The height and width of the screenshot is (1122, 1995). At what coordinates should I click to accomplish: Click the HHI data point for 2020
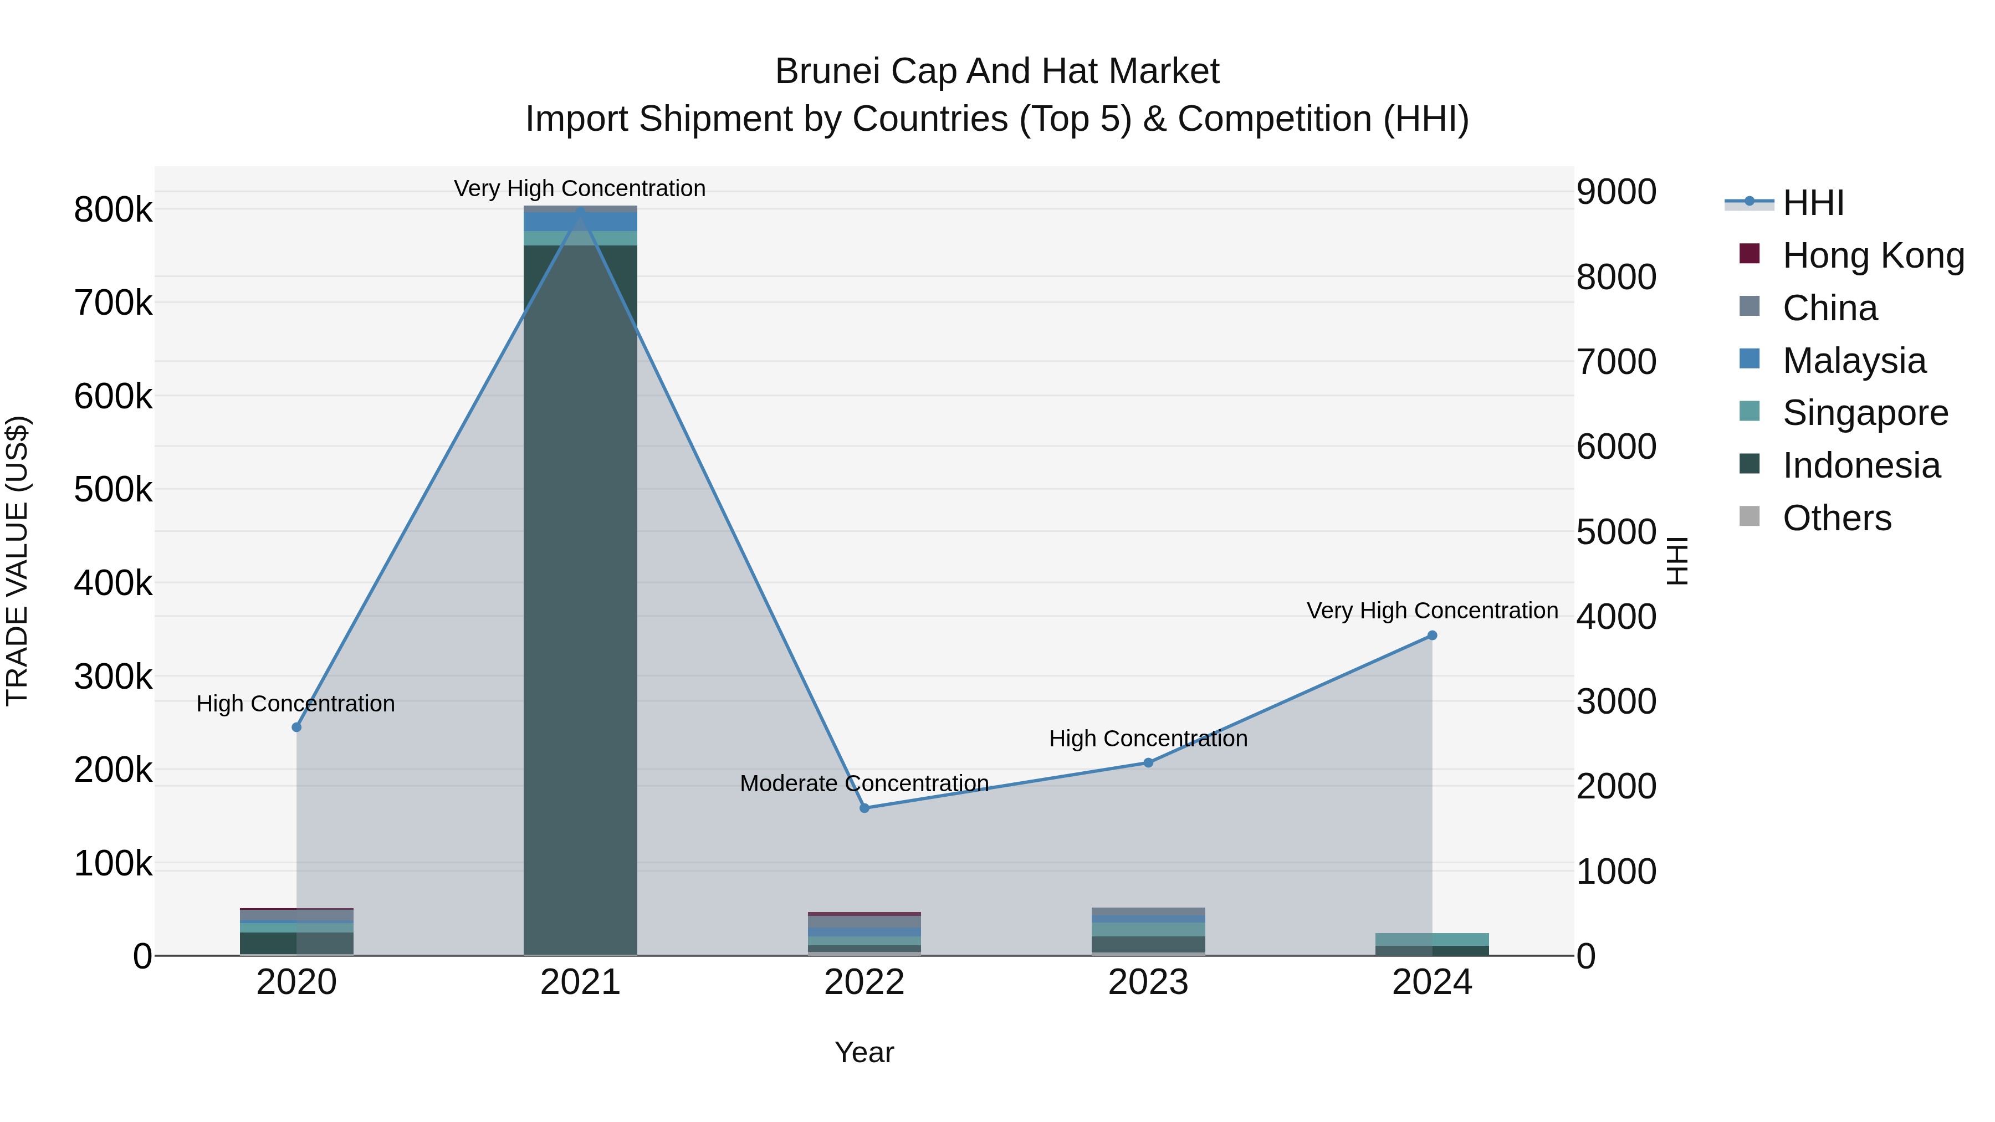click(x=296, y=727)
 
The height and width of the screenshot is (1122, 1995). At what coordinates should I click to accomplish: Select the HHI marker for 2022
click(x=864, y=808)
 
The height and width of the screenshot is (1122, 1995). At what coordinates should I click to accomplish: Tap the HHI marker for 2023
click(x=1149, y=763)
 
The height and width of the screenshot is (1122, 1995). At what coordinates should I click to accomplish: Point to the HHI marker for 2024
click(x=1432, y=635)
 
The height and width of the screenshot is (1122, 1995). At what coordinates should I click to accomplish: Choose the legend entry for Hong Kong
click(x=1873, y=255)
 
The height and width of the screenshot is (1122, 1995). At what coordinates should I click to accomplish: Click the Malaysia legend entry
click(x=1853, y=360)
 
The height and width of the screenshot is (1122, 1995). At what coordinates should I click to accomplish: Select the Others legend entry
click(x=1837, y=518)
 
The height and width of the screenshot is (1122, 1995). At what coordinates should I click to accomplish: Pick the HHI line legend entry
click(x=1812, y=203)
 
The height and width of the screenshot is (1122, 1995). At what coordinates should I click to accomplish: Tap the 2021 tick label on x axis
click(x=580, y=982)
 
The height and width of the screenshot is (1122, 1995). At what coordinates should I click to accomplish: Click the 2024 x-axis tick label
click(x=1432, y=982)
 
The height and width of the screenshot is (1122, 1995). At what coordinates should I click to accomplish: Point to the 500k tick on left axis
click(x=113, y=489)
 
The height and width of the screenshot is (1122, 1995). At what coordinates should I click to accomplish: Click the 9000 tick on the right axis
click(x=1617, y=192)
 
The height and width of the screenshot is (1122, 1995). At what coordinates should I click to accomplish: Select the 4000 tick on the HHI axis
click(x=1617, y=617)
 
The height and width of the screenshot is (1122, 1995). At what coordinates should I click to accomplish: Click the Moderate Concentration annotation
click(x=864, y=783)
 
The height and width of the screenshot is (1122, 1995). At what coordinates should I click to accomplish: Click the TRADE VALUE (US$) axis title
click(x=17, y=561)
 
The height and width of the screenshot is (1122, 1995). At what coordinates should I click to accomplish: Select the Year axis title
click(x=864, y=1052)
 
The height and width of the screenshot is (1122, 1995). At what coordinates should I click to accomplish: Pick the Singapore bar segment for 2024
click(x=1432, y=939)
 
